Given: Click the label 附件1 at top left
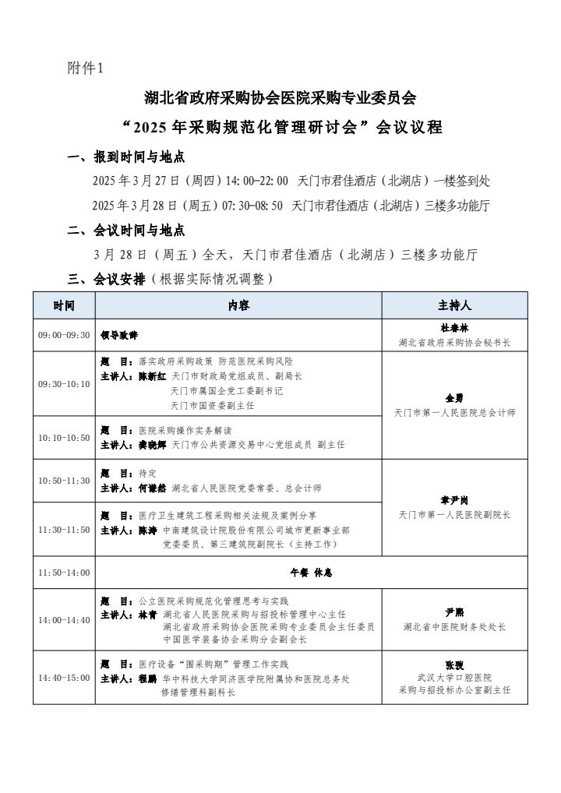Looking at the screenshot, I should tap(86, 69).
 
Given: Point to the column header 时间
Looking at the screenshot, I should tap(64, 305).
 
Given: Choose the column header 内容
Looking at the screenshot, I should tap(238, 305).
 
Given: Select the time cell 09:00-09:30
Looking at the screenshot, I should tap(64, 335).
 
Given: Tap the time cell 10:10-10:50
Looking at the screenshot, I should tap(64, 437).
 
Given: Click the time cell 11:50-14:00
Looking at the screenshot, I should tap(64, 573).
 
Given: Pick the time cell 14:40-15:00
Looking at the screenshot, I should tap(64, 677).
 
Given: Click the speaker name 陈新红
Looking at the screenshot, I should tap(152, 375).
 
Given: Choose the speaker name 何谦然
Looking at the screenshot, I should tap(152, 488).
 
